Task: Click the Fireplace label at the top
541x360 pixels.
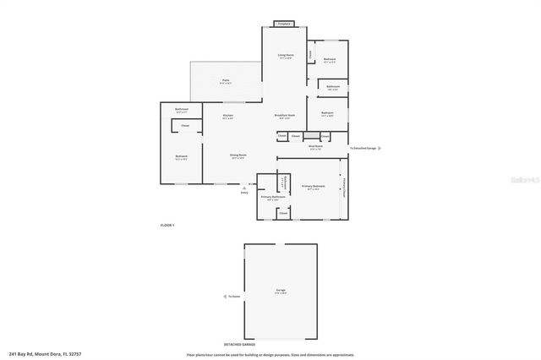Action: click(x=285, y=24)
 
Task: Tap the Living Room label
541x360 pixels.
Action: click(x=286, y=55)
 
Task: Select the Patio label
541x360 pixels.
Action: click(x=225, y=80)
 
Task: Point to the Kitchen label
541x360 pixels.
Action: click(x=227, y=116)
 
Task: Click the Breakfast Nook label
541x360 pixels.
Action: click(x=285, y=116)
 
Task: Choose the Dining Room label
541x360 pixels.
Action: click(x=238, y=155)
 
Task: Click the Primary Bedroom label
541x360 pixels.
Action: click(x=314, y=186)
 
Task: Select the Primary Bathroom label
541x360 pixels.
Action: click(x=272, y=197)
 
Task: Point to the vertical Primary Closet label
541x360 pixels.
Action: click(x=344, y=187)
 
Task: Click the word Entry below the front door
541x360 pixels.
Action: click(x=244, y=193)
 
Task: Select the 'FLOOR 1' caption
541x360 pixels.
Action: click(x=167, y=225)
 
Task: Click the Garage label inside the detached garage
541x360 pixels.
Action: click(x=281, y=291)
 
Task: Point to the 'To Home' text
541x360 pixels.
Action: click(x=234, y=297)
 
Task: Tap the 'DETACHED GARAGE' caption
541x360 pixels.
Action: click(x=238, y=345)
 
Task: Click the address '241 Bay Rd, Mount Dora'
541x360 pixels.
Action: click(x=45, y=354)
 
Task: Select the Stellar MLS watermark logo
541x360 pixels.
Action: click(x=521, y=179)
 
